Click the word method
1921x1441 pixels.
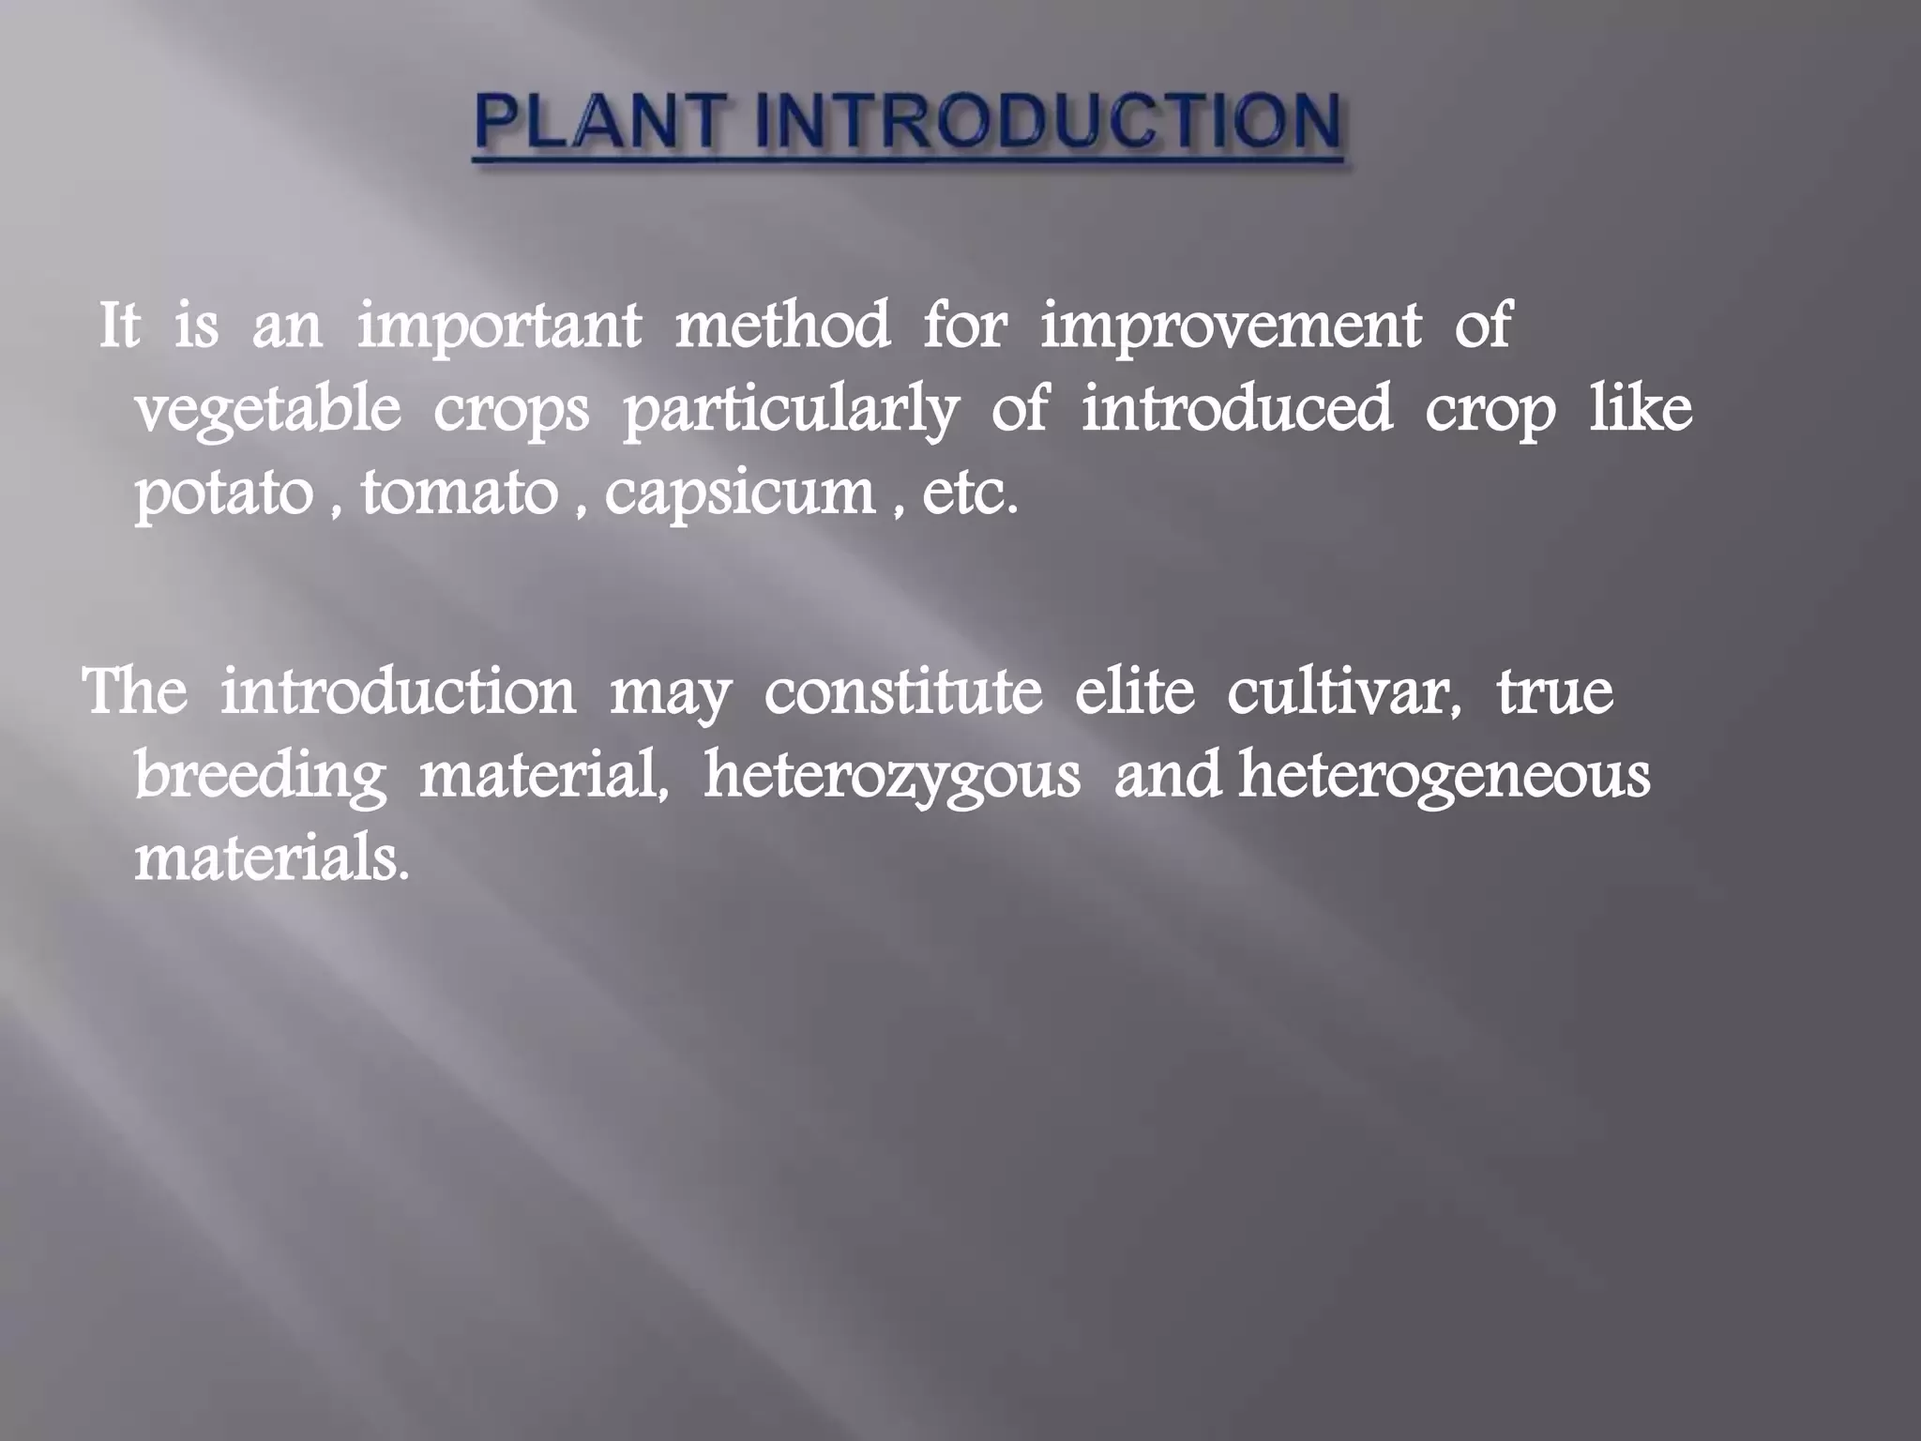point(783,326)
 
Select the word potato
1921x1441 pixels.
point(223,494)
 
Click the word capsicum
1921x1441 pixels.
point(740,494)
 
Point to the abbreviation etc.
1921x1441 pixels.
point(969,494)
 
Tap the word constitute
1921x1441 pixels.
point(903,692)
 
